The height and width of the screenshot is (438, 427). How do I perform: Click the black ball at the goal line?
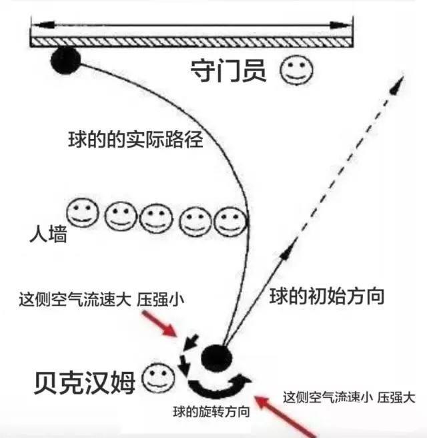[65, 61]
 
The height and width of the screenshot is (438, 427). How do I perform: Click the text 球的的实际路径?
[135, 140]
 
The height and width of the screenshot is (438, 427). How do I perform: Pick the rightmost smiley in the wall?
[229, 220]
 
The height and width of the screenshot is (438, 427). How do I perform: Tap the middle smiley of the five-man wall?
[156, 217]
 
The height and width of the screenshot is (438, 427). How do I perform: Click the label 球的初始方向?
[327, 296]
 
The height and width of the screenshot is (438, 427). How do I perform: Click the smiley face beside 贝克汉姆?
[158, 379]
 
